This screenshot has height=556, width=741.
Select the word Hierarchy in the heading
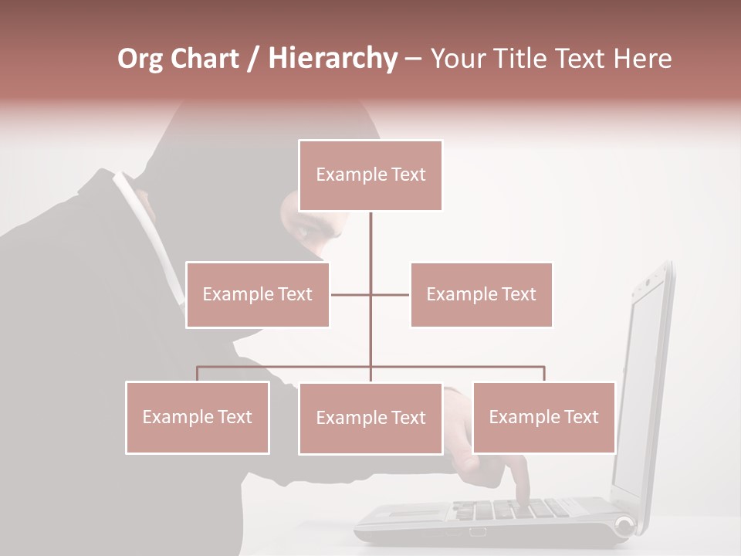point(332,59)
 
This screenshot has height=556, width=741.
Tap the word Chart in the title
point(207,59)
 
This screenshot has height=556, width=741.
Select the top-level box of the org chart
point(370,175)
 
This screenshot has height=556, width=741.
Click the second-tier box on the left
point(258,294)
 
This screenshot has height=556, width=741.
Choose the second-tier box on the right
point(481,294)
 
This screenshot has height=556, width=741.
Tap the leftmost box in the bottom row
point(198,417)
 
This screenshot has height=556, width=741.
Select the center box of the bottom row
point(370,418)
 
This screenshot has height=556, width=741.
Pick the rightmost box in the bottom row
point(543,417)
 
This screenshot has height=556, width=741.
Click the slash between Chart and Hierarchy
point(252,59)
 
